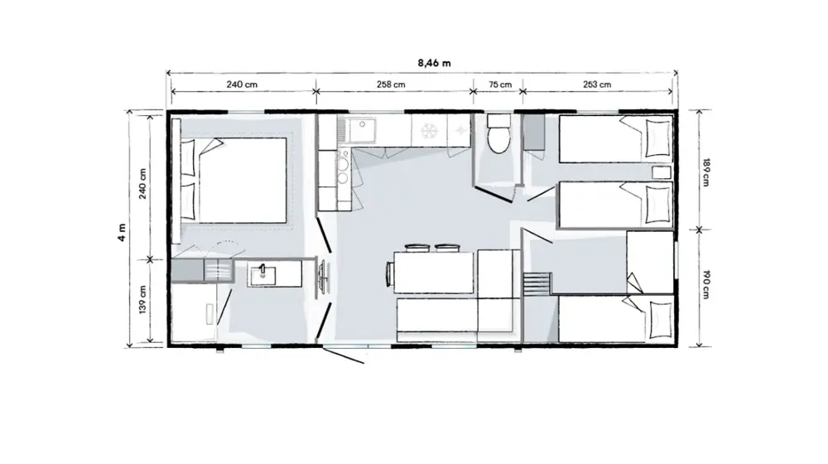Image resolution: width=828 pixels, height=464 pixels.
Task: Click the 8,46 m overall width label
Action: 434,63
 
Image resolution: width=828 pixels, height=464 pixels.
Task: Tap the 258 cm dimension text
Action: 391,84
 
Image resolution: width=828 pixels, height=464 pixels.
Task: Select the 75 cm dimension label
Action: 499,84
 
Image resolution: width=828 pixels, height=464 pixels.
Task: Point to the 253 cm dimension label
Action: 597,84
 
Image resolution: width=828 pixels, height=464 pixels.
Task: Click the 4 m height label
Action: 122,233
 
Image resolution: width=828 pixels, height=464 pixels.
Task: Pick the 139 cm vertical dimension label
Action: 142,300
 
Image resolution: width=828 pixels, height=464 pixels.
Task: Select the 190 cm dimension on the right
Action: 705,285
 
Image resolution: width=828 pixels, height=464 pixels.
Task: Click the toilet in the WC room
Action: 498,133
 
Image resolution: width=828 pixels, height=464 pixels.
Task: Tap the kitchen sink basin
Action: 360,130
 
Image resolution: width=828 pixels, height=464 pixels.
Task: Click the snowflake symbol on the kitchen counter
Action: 429,131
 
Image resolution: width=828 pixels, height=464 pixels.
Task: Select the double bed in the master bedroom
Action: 234,180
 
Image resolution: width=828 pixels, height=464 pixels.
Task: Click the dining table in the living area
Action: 434,273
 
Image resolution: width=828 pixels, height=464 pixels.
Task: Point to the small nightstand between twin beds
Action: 661,172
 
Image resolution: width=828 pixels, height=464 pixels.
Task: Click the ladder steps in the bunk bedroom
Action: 537,285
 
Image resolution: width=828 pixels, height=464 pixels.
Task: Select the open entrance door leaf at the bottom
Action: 344,355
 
